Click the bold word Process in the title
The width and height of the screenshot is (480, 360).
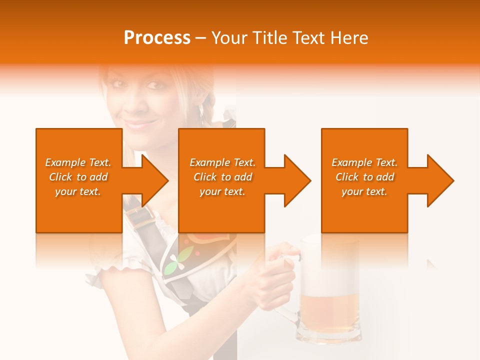pos(157,38)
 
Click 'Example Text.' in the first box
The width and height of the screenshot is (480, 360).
pos(78,162)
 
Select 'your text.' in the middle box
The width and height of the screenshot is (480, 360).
pos(222,191)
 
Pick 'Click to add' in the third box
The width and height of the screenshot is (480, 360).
pos(364,177)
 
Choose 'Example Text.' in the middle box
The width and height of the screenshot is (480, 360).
pos(222,162)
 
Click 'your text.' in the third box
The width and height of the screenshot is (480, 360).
pos(364,191)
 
